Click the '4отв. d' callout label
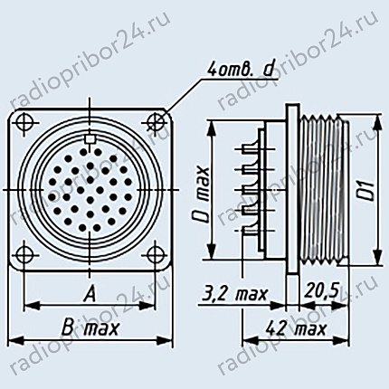240,71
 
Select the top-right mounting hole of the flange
157,122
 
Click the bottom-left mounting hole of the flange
25,255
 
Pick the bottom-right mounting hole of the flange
156,254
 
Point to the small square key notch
90,139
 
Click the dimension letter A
90,293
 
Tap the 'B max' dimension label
90,328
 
